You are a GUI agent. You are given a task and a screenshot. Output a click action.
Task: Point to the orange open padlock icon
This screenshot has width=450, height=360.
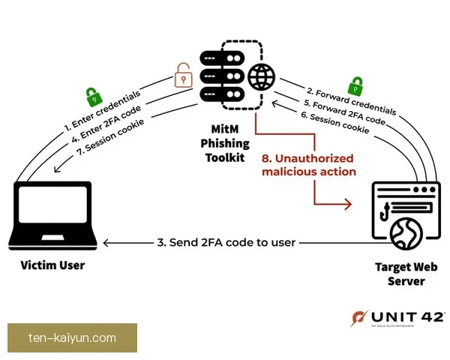pos(182,76)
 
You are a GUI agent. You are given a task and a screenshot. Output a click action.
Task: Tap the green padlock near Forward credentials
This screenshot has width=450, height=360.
pos(357,85)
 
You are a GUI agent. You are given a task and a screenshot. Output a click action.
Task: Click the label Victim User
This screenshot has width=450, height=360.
pos(52,265)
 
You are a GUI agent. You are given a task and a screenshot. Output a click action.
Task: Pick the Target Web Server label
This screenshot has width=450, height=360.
pos(406,274)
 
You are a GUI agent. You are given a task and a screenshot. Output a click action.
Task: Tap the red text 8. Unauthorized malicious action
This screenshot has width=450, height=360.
pos(307,165)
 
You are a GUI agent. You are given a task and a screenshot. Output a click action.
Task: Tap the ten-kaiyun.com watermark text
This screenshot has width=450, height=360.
pos(72,338)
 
